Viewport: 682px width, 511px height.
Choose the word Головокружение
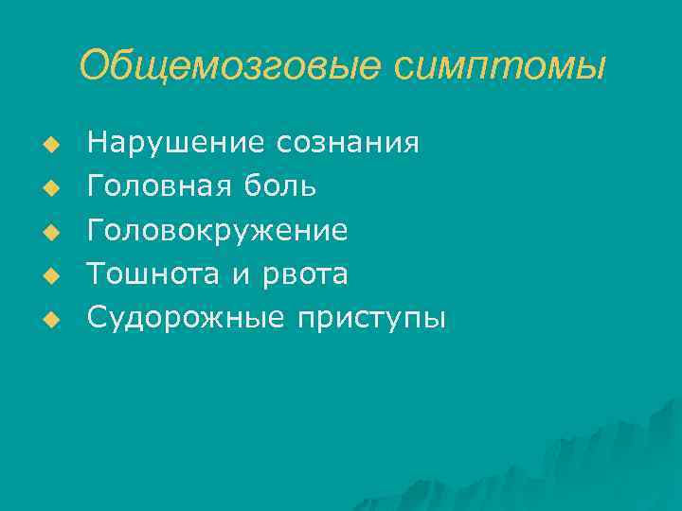coord(217,230)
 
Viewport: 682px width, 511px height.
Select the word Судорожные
coord(186,319)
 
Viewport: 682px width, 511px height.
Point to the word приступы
coord(371,319)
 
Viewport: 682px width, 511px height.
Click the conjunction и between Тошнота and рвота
coord(237,275)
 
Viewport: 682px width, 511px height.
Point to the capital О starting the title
coord(95,66)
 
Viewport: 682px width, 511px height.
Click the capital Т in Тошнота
coord(96,274)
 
